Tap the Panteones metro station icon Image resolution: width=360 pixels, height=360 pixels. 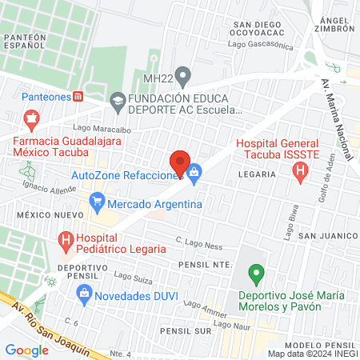[78, 97]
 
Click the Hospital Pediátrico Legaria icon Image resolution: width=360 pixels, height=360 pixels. [65, 238]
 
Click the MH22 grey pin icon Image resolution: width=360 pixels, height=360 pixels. [183, 78]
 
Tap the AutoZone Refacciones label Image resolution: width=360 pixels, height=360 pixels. [123, 175]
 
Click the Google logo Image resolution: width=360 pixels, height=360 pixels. [26, 350]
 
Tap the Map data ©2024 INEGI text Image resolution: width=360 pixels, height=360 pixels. [312, 354]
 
